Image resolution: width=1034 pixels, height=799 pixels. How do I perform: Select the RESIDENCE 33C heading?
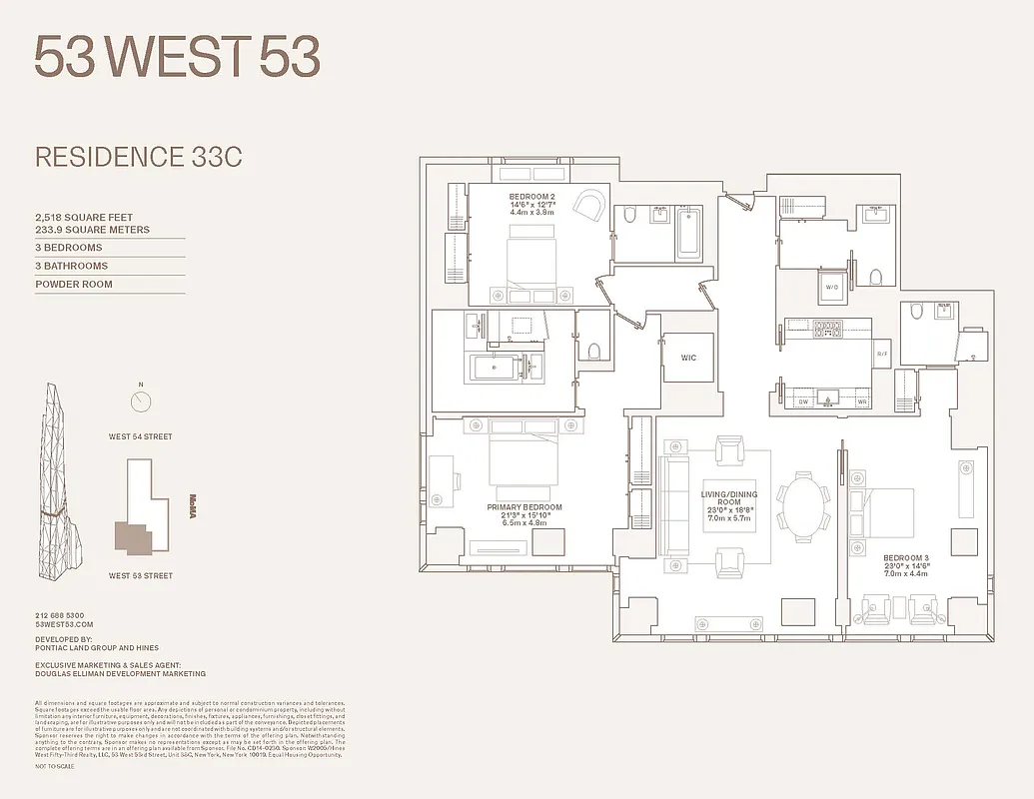click(x=139, y=157)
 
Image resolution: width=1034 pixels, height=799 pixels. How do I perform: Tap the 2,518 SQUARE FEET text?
click(x=84, y=217)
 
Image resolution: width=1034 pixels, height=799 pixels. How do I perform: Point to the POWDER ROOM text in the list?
click(x=74, y=285)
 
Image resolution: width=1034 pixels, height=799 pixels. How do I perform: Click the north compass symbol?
click(x=141, y=401)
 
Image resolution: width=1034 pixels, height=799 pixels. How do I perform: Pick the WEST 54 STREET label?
click(x=141, y=436)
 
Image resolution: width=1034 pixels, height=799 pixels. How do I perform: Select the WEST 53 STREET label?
click(x=141, y=575)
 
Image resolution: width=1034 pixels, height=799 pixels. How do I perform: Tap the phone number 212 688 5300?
click(x=60, y=615)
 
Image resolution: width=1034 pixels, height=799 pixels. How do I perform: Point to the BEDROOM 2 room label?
click(x=531, y=196)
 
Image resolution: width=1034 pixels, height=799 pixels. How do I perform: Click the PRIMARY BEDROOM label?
click(x=524, y=507)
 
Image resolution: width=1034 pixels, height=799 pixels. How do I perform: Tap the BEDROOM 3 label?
click(x=905, y=557)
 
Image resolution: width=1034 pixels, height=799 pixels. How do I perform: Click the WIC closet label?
click(x=688, y=358)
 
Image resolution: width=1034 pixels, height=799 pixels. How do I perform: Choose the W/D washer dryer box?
click(x=831, y=289)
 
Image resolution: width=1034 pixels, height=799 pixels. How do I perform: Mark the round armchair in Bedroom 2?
click(x=590, y=207)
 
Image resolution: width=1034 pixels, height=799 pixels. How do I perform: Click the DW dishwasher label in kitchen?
click(x=802, y=401)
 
